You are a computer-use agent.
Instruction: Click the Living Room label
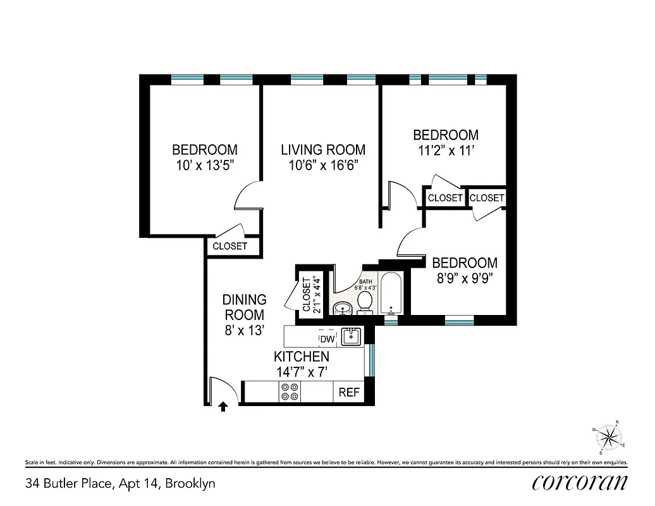[323, 150]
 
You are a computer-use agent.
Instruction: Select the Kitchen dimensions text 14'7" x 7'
[302, 372]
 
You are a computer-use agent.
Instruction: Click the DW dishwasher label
[327, 338]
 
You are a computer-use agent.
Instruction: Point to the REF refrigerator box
[349, 392]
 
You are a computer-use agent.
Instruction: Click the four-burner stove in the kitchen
[291, 392]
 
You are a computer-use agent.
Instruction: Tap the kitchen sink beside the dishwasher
[350, 336]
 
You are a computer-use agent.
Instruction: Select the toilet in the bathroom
[365, 302]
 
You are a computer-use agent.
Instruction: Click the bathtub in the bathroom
[392, 294]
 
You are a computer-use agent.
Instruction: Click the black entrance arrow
[223, 407]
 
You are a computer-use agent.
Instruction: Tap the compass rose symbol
[609, 437]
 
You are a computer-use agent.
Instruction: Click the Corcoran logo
[580, 483]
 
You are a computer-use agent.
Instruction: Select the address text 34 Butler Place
[120, 484]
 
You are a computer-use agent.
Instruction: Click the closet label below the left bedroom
[230, 246]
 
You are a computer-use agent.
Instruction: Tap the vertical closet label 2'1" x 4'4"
[311, 294]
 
